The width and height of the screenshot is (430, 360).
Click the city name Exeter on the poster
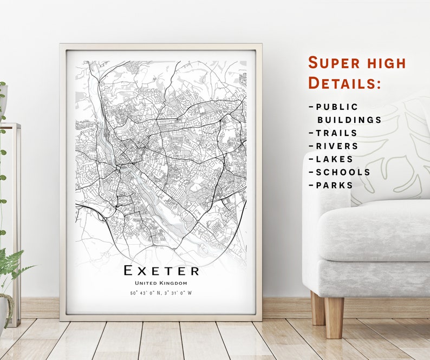161,270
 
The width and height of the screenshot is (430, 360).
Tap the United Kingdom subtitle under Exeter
161,283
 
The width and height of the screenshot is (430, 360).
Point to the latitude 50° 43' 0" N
145,293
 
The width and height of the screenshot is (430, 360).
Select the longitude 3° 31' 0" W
178,293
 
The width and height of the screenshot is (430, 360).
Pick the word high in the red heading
385,63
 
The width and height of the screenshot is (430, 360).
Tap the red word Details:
344,83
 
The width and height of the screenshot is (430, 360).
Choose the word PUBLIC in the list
337,107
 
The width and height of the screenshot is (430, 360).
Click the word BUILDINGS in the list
349,120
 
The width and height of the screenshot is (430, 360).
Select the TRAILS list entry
336,133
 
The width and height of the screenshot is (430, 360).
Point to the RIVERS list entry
337,146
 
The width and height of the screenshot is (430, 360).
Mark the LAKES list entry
334,159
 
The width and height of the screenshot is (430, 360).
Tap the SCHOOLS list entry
343,172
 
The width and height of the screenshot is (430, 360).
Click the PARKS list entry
334,185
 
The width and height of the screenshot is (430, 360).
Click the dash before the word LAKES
311,159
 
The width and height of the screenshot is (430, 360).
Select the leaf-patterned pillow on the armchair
390,157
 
